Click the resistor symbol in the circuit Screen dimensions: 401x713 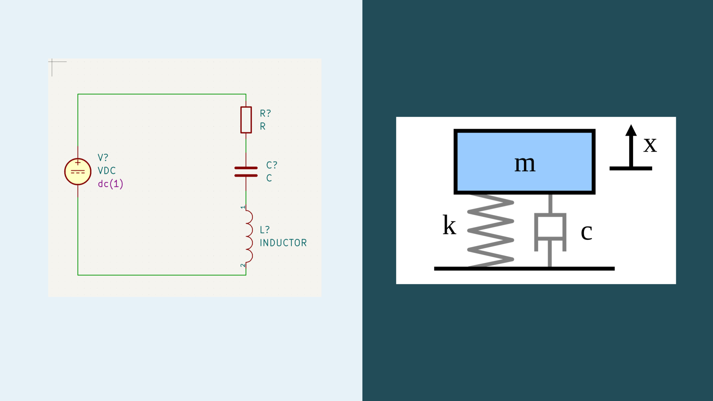point(246,120)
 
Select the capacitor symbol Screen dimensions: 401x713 point(246,172)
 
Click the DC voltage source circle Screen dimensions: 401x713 point(78,172)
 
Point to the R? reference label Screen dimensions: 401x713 point(265,113)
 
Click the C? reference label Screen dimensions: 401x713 point(271,165)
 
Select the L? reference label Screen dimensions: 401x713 point(264,230)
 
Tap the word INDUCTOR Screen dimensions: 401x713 point(283,243)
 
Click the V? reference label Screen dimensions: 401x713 point(103,157)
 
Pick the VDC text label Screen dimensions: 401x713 point(107,170)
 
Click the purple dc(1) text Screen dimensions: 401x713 point(110,184)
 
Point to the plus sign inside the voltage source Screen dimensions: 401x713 point(78,163)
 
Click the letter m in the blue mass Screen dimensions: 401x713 point(525,163)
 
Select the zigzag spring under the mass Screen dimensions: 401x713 point(491,230)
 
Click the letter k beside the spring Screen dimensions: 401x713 point(449,225)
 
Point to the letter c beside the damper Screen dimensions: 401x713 point(586,232)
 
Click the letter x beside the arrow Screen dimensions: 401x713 point(650,144)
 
